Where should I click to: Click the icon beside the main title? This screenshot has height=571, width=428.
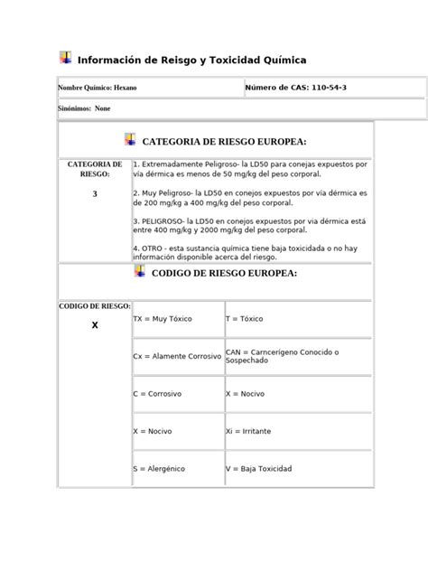tap(65, 58)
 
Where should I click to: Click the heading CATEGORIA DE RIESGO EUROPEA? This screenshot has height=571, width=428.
tap(225, 142)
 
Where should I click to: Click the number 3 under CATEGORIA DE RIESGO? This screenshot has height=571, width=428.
tap(94, 194)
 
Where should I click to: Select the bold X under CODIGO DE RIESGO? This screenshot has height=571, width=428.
tap(94, 324)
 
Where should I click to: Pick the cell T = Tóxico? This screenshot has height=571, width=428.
tap(244, 319)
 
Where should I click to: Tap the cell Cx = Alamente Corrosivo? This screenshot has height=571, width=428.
tap(177, 356)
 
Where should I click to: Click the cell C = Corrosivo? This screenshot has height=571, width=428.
tap(157, 394)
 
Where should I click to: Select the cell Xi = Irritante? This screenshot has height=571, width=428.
tap(249, 432)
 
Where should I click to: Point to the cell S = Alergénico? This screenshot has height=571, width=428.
tap(161, 469)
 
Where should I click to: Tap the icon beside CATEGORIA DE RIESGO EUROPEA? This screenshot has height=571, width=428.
tap(130, 139)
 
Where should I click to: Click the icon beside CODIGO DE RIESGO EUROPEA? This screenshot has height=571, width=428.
tap(139, 270)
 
